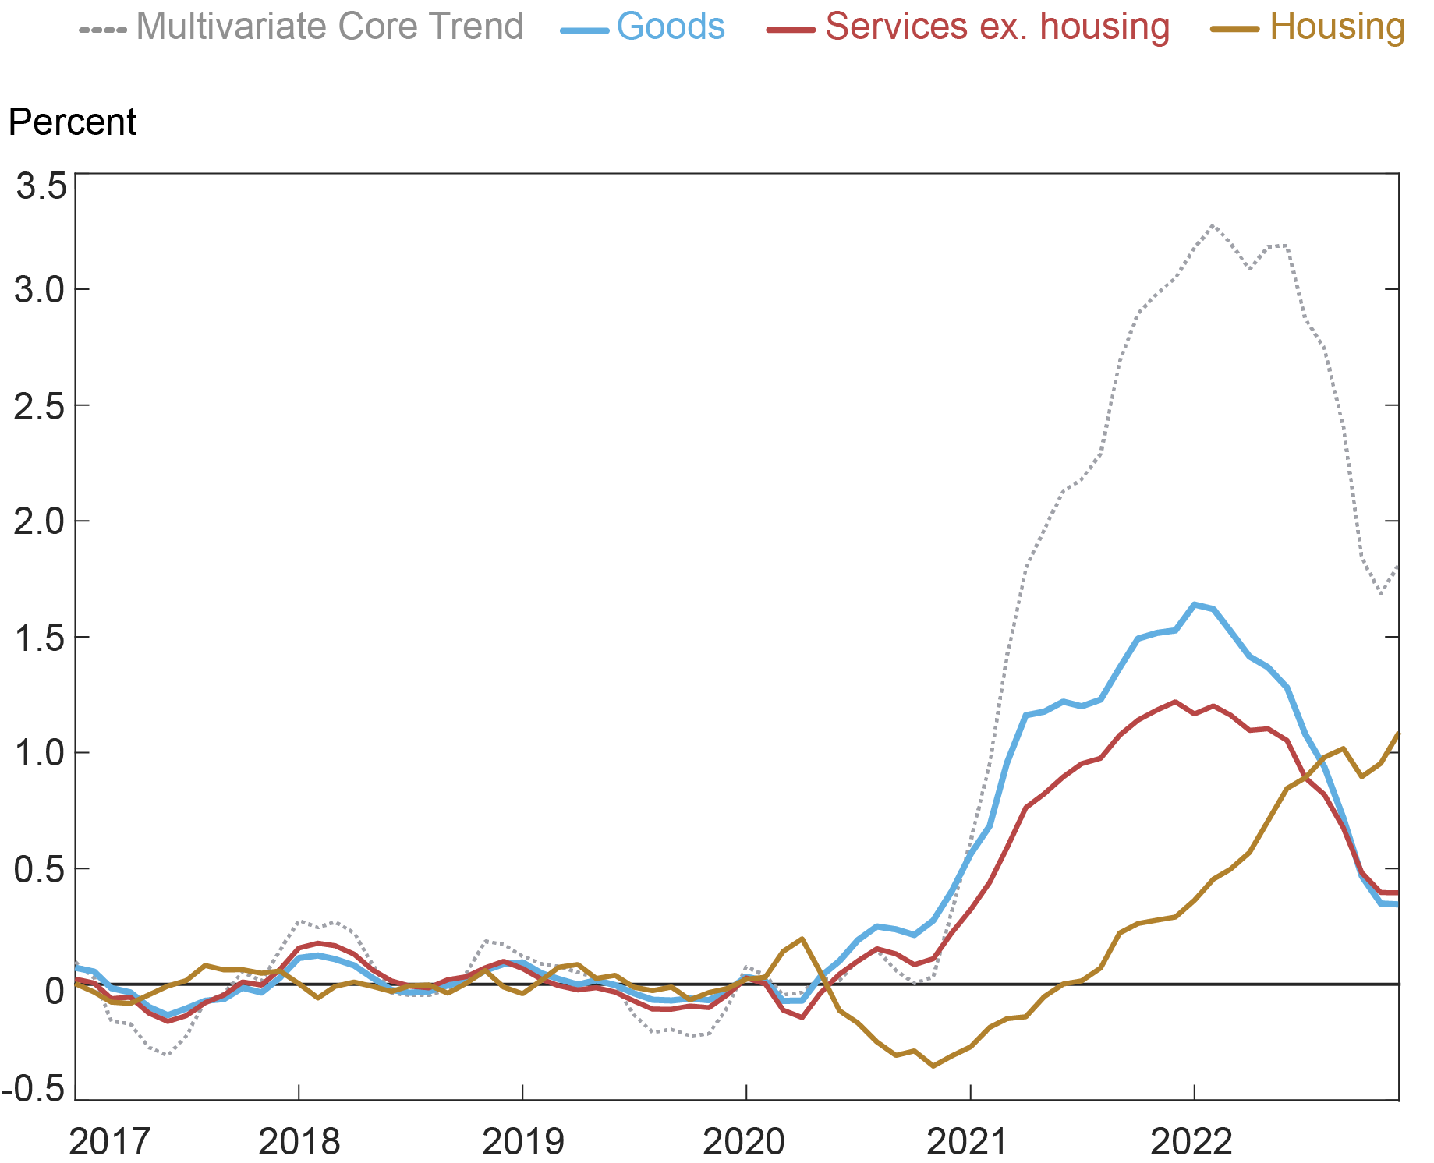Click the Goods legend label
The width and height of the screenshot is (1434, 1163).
(x=670, y=27)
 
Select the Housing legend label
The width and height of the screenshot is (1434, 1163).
(x=1337, y=27)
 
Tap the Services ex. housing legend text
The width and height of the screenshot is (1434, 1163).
(x=997, y=27)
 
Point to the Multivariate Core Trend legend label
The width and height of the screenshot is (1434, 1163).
(x=329, y=27)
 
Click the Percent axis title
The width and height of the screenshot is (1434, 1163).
(x=72, y=122)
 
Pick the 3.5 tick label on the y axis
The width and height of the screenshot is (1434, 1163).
(x=41, y=186)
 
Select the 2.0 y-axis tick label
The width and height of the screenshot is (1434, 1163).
(x=39, y=521)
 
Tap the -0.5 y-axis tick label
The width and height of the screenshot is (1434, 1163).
(x=34, y=1089)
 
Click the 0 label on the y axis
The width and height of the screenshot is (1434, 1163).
(x=54, y=991)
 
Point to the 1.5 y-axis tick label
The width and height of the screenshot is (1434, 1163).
(x=39, y=638)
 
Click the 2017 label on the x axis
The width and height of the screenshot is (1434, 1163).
(x=108, y=1142)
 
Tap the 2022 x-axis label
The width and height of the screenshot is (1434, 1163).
(x=1191, y=1142)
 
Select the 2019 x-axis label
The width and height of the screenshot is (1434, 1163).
(x=522, y=1142)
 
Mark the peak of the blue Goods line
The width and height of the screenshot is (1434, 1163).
(x=1194, y=604)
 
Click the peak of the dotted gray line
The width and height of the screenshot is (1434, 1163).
(x=1213, y=225)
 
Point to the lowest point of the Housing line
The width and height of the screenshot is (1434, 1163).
(x=933, y=1065)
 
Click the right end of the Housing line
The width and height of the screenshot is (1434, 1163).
(x=1399, y=733)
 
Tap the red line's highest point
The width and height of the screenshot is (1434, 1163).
(x=1175, y=702)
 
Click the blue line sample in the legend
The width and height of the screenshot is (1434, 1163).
(x=584, y=30)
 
